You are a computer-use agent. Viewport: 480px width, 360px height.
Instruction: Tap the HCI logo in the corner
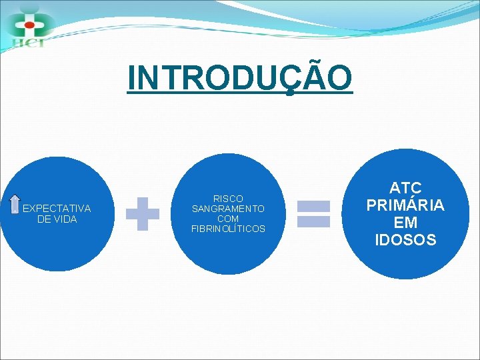28,25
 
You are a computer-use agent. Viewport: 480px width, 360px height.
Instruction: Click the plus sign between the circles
143,214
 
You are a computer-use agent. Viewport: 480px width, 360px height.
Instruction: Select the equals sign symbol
313,214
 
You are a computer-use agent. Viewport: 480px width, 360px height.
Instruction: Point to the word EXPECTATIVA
57,209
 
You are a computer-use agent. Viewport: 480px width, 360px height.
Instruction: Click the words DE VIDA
57,219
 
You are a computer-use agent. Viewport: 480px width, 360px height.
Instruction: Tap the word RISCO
228,199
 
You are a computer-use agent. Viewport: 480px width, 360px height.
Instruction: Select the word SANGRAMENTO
228,209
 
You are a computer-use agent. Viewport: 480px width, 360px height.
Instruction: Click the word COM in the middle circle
228,219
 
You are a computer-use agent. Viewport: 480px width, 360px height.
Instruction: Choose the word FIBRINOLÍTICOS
228,229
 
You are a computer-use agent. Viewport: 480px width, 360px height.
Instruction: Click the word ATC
405,188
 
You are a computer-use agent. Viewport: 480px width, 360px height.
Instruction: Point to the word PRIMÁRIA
405,205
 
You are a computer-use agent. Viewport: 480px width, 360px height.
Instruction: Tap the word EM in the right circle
405,223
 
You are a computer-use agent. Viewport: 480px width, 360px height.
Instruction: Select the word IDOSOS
405,240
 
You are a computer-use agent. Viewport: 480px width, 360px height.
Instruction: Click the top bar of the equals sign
313,206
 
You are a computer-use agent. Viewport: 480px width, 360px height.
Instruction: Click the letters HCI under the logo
27,44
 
